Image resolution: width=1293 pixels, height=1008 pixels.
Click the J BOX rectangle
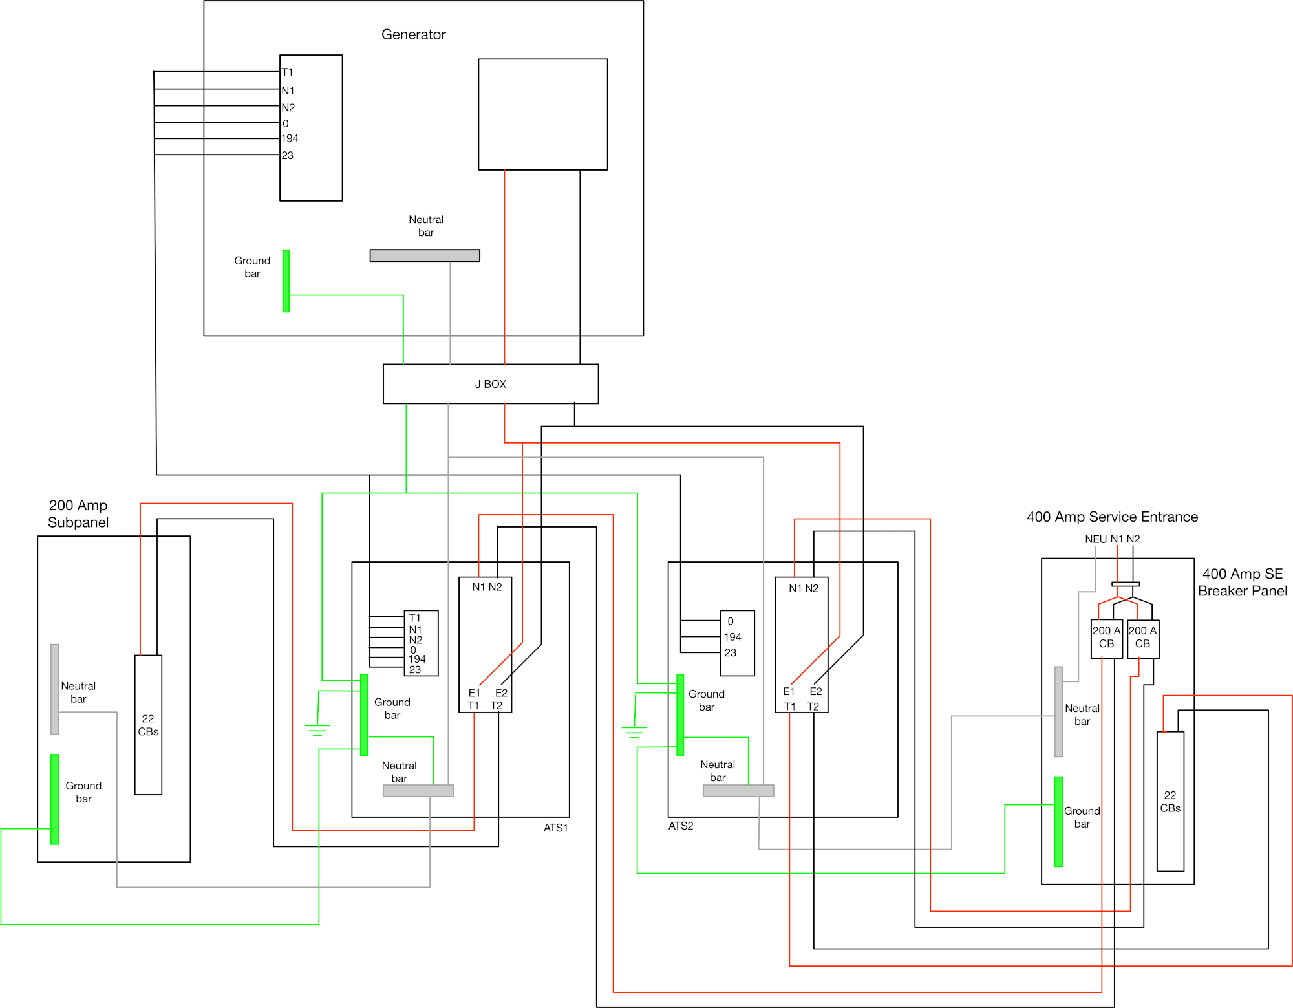click(490, 384)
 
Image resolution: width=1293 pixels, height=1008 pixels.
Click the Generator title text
click(413, 34)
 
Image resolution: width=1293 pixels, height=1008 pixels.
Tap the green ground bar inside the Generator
click(286, 281)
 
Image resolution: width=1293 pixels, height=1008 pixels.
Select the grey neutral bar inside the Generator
click(424, 255)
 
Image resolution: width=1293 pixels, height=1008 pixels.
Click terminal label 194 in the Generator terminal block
click(290, 138)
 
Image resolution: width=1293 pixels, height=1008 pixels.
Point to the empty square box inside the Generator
click(542, 114)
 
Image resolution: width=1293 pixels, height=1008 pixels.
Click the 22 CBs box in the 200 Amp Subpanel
click(148, 725)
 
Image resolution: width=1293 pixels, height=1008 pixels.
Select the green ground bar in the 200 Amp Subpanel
click(55, 799)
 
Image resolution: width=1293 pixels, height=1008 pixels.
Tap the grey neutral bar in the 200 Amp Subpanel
click(55, 689)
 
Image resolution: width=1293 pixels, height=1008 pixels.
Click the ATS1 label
click(555, 828)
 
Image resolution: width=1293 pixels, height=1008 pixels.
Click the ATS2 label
click(680, 826)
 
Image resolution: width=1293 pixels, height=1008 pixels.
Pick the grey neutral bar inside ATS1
click(418, 791)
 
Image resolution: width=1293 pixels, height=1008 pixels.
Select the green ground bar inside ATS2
click(680, 714)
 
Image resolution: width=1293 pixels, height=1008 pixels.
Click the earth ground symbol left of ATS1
click(317, 730)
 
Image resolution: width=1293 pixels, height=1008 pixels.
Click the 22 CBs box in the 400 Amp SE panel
click(1170, 802)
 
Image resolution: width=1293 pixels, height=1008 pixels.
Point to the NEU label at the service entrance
click(1095, 539)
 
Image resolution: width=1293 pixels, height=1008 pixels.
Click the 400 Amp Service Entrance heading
click(1112, 517)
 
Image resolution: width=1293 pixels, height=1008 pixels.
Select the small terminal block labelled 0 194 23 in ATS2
click(737, 643)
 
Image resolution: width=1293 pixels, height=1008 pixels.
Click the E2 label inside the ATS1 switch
click(501, 692)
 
